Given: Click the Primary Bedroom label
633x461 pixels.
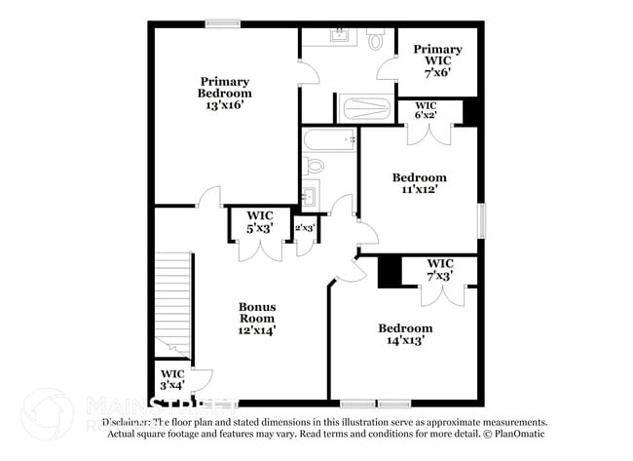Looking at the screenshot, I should pos(225,88).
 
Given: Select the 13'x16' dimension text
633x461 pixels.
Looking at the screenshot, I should pos(225,105).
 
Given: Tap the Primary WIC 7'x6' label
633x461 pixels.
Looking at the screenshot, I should pos(436,61).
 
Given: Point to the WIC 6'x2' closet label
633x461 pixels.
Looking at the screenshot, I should pos(426,110).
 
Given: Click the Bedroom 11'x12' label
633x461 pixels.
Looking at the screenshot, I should pos(419,183).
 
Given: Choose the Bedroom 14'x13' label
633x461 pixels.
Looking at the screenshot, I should pos(405,334).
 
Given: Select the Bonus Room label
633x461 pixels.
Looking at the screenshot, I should pos(257,318).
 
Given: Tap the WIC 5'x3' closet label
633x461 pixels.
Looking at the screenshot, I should pos(259,221).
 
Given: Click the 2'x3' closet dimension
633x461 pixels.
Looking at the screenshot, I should pos(305,228).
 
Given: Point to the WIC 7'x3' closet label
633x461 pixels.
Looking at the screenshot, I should pos(440,270).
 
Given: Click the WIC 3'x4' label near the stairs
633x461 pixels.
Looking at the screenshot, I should pos(172,379).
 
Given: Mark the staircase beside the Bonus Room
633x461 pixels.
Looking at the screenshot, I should pos(172,302).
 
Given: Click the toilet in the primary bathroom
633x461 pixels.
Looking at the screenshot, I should pos(375,40).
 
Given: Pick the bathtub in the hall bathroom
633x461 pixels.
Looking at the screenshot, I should pos(326,142).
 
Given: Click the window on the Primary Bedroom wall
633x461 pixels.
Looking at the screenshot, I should pos(223,23).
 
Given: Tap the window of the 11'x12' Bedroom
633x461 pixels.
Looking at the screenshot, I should pos(480,218).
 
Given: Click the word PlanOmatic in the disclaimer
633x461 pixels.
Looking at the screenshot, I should pos(521,435).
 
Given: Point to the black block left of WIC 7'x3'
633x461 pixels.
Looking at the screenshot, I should pos(390,271).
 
